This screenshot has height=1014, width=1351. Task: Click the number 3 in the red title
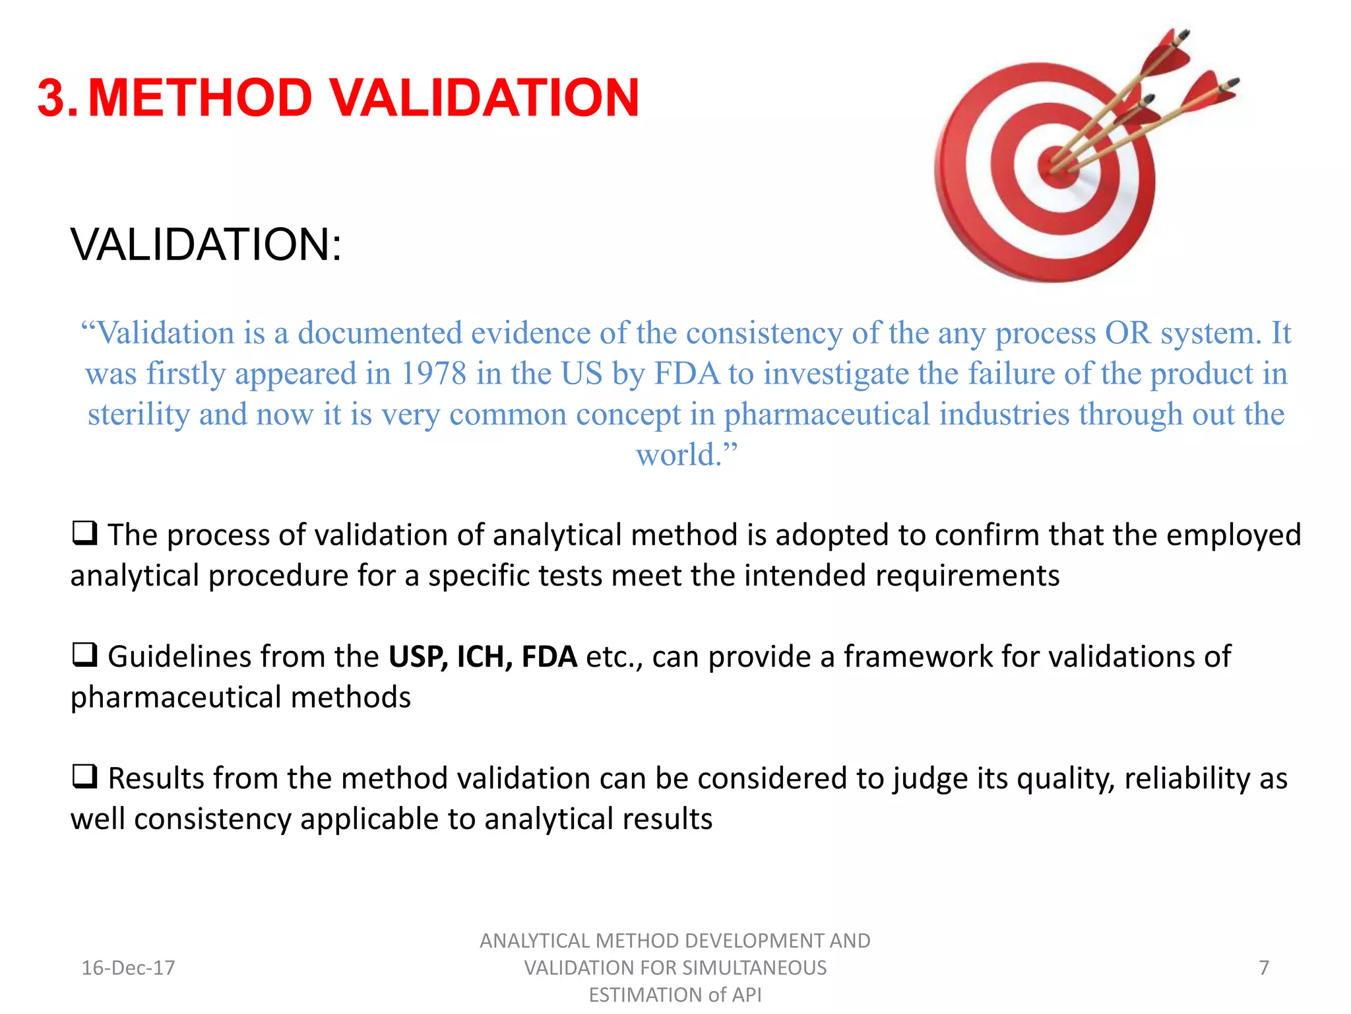(52, 98)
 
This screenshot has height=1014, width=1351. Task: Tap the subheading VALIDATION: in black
(206, 245)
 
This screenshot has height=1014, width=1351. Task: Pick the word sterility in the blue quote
(139, 415)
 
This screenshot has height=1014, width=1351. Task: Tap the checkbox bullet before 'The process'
(84, 533)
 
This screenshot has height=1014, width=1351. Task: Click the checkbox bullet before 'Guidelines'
(84, 655)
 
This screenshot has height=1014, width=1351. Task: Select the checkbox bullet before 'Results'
(84, 776)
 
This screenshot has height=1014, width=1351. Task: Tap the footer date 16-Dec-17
(128, 968)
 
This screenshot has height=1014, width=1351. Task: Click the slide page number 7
(1263, 968)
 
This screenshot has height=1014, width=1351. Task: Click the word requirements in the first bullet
(967, 576)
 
